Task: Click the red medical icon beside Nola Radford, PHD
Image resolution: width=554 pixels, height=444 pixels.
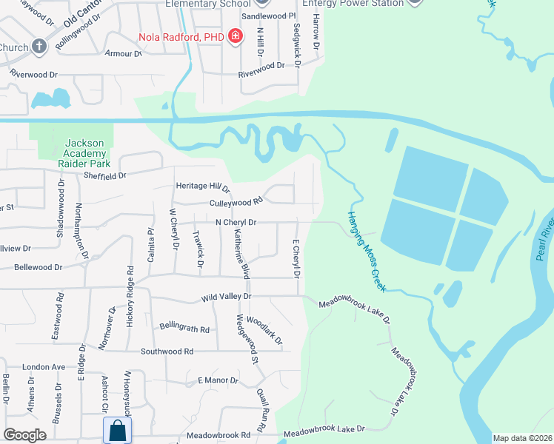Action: pyautogui.click(x=236, y=36)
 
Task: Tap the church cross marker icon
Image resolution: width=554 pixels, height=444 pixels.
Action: pyautogui.click(x=39, y=47)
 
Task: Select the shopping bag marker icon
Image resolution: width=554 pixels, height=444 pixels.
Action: pyautogui.click(x=117, y=430)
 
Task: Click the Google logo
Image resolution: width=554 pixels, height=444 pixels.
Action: pyautogui.click(x=25, y=435)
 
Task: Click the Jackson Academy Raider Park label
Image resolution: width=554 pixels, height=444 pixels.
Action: pyautogui.click(x=87, y=153)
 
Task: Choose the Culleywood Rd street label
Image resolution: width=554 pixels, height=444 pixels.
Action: pyautogui.click(x=237, y=201)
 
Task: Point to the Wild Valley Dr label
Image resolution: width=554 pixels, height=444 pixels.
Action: pyautogui.click(x=227, y=297)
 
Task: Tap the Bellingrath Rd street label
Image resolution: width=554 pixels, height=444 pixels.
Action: pyautogui.click(x=184, y=328)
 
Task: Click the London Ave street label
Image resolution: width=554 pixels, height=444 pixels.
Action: pyautogui.click(x=44, y=367)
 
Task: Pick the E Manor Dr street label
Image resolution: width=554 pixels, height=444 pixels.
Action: pyautogui.click(x=218, y=380)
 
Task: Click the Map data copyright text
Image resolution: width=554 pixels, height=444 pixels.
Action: pyautogui.click(x=522, y=438)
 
